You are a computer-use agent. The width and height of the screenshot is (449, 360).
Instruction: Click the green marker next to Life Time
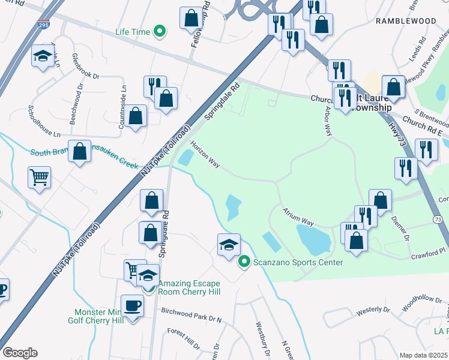point(160,31)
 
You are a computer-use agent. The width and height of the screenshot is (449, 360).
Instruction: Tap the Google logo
point(20,353)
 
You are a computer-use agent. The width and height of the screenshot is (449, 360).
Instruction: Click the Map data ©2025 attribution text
point(423,355)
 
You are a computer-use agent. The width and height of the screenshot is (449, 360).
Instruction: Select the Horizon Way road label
point(205,155)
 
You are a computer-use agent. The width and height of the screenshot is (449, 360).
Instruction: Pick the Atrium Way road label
point(299,216)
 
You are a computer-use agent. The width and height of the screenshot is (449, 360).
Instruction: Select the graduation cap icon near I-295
point(42,56)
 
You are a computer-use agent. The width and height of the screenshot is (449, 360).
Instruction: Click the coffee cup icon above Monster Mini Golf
point(133,305)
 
